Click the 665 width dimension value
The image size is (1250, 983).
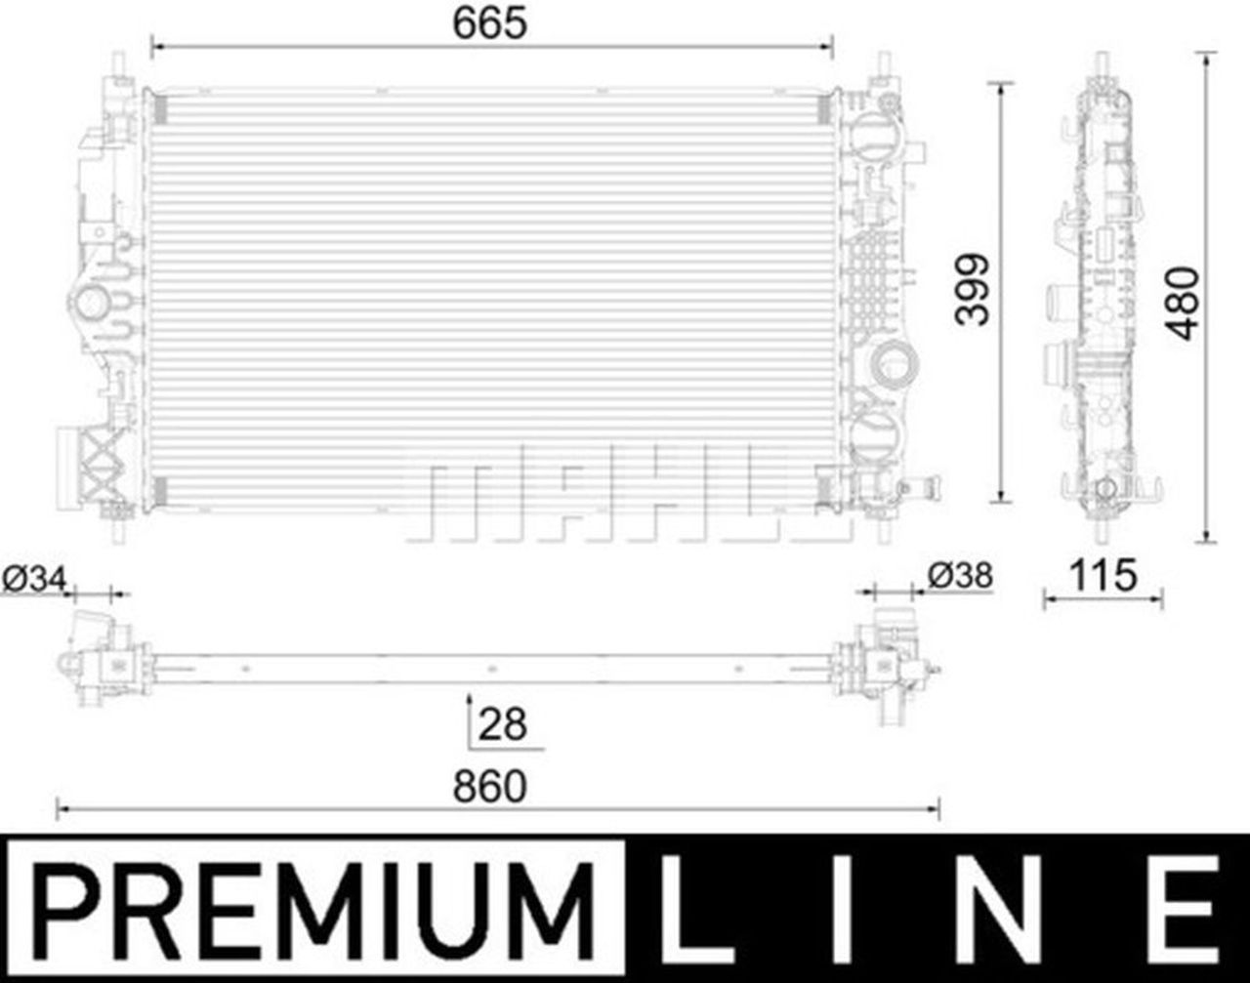pyautogui.click(x=489, y=23)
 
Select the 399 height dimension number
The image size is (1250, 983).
pyautogui.click(x=972, y=289)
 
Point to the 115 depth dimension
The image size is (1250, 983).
pyautogui.click(x=1104, y=575)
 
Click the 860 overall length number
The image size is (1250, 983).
pyautogui.click(x=489, y=787)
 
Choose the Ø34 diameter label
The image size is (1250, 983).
pyautogui.click(x=34, y=580)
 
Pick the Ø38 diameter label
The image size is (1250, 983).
pyautogui.click(x=960, y=576)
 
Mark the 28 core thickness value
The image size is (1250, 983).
pyautogui.click(x=502, y=724)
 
